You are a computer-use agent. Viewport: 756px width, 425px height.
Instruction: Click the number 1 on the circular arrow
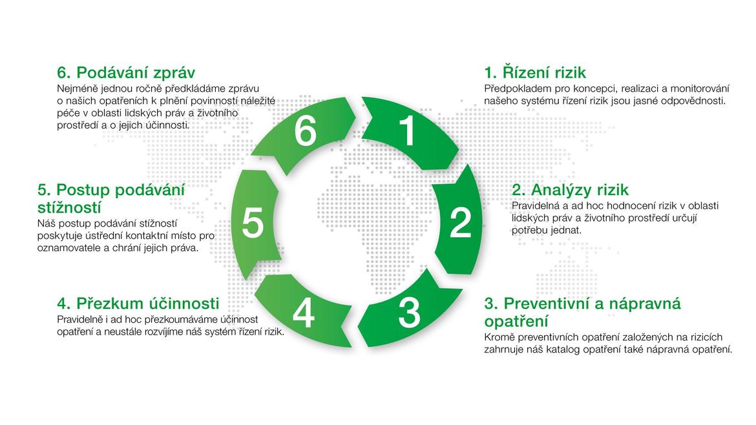pyautogui.click(x=408, y=130)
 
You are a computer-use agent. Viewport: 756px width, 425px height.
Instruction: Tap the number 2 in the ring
pyautogui.click(x=461, y=223)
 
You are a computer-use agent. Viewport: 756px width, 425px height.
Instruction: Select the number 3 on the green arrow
pyautogui.click(x=410, y=313)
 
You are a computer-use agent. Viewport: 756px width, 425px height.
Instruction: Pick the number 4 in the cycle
pyautogui.click(x=304, y=314)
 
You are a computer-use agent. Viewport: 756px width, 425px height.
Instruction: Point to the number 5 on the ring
pyautogui.click(x=253, y=223)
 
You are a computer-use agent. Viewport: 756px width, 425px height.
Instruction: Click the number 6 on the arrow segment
pyautogui.click(x=306, y=131)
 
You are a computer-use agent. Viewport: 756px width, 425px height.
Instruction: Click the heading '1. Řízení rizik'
pyautogui.click(x=535, y=72)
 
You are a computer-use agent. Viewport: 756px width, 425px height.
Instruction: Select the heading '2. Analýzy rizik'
pyautogui.click(x=570, y=189)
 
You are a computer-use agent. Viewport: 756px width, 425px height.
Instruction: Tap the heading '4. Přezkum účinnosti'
pyautogui.click(x=138, y=303)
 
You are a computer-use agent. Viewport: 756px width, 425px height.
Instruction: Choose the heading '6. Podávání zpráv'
pyautogui.click(x=126, y=72)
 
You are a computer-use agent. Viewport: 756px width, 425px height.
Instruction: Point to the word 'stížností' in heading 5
pyautogui.click(x=69, y=208)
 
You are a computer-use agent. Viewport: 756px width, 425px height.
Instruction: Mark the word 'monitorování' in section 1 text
pyautogui.click(x=700, y=88)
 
